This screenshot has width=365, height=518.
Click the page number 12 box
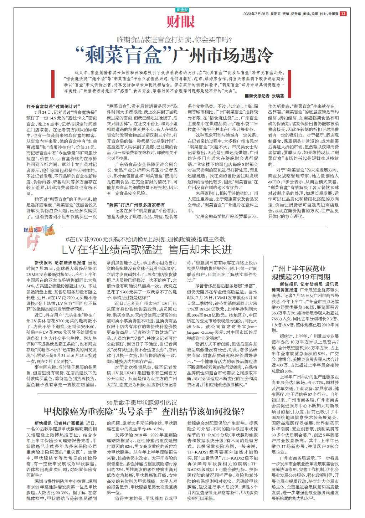(343, 14)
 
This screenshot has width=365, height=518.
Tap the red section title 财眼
(181, 22)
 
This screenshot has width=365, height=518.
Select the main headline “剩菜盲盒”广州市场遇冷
(174, 54)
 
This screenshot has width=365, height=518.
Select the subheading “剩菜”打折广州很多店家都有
(136, 205)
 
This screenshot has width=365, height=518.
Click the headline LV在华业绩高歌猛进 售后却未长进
(147, 249)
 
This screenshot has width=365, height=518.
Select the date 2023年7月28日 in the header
(256, 14)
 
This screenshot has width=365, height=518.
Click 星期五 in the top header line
(275, 14)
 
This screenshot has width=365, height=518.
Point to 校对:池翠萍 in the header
(328, 14)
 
